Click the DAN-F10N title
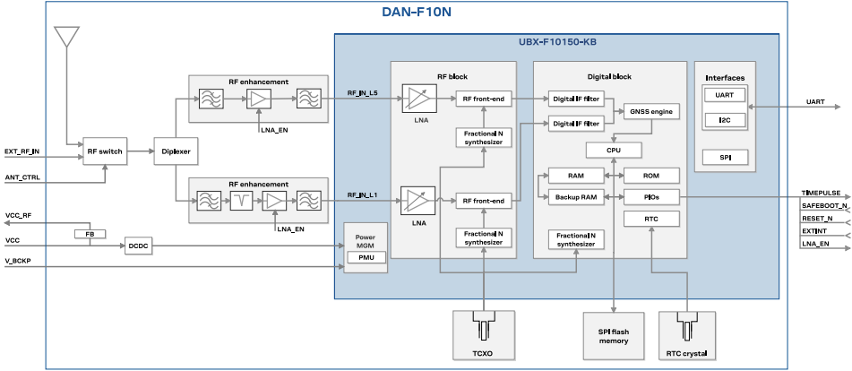417,13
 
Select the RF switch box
104,151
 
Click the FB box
90,234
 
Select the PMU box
366,257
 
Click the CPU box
613,150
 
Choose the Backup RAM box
576,195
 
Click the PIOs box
650,195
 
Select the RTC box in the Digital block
650,218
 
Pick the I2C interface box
724,119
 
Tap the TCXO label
484,353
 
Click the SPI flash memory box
613,336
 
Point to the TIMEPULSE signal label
821,194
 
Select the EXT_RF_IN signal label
22,151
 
